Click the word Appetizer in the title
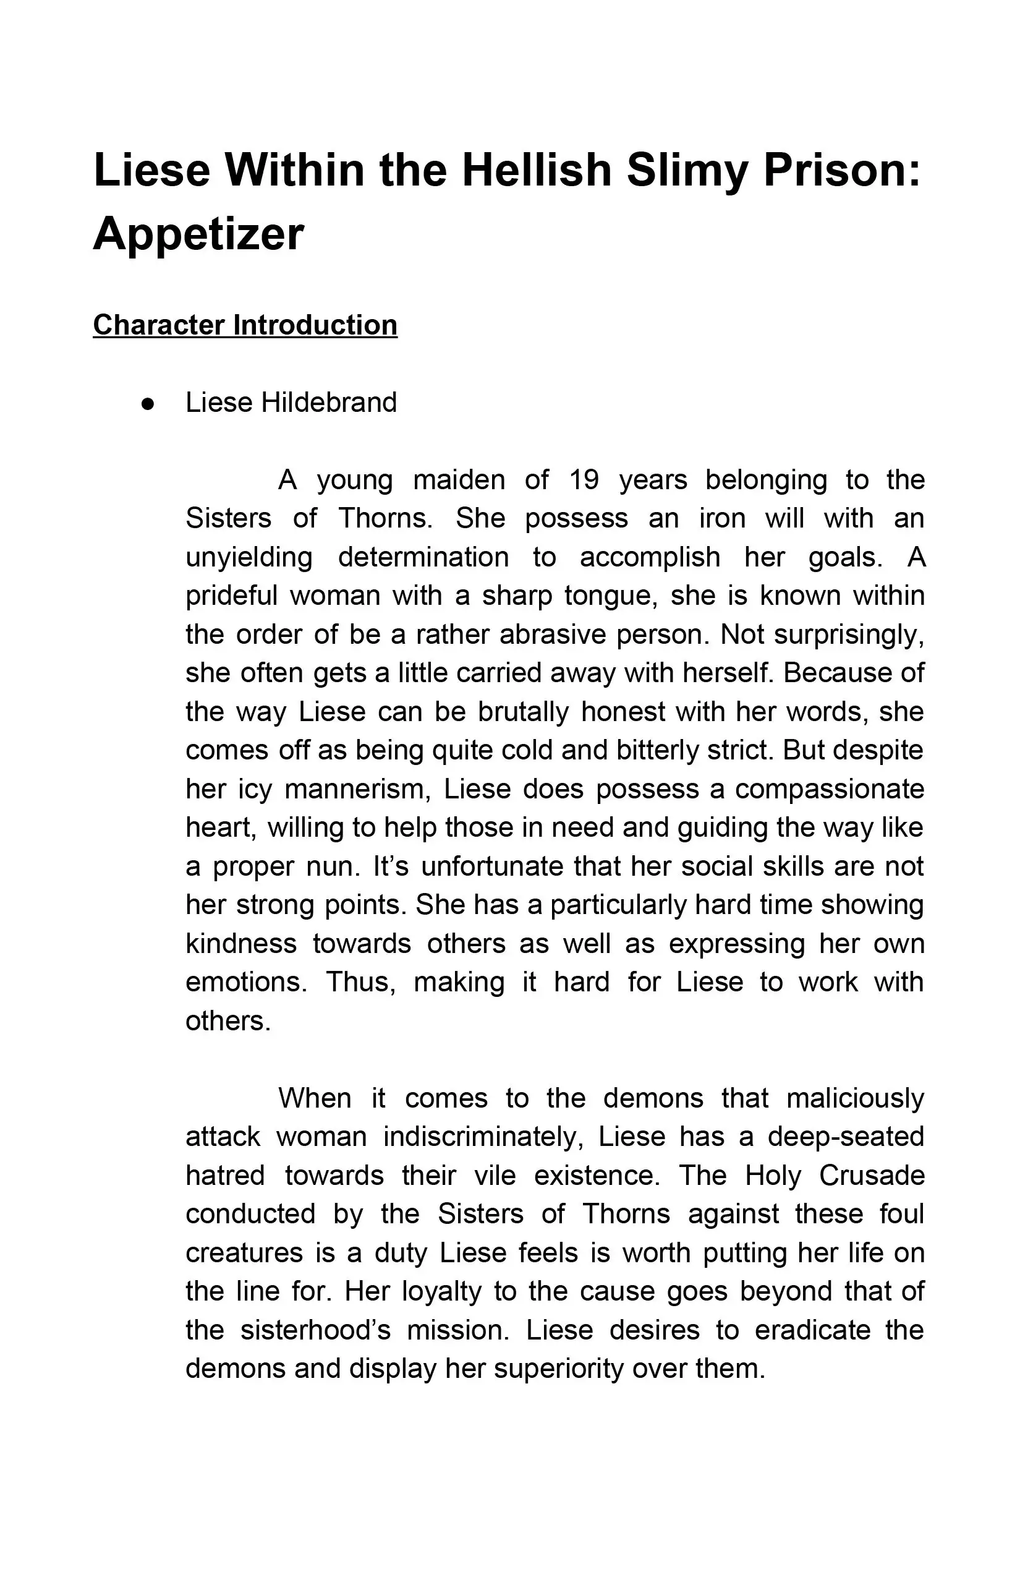coord(198,234)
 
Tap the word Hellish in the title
coord(537,170)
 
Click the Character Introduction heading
coord(245,325)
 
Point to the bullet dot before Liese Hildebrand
coord(148,403)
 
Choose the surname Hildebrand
coord(329,402)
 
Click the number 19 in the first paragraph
coord(584,480)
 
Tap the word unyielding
coord(249,557)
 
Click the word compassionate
coord(829,789)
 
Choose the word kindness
coord(241,944)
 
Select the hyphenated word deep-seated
coord(846,1137)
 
